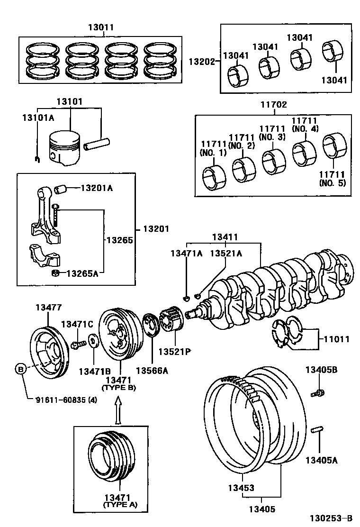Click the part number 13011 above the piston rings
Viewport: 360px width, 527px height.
tap(100, 27)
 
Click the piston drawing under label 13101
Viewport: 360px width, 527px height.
tap(65, 148)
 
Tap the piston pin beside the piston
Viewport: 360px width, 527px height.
tap(97, 143)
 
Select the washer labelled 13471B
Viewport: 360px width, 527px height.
tap(92, 342)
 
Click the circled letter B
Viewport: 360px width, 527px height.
tap(21, 368)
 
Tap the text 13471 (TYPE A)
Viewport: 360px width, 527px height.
tap(120, 501)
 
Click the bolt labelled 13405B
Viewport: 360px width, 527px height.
tap(318, 392)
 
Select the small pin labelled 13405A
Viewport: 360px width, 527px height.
tap(318, 431)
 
